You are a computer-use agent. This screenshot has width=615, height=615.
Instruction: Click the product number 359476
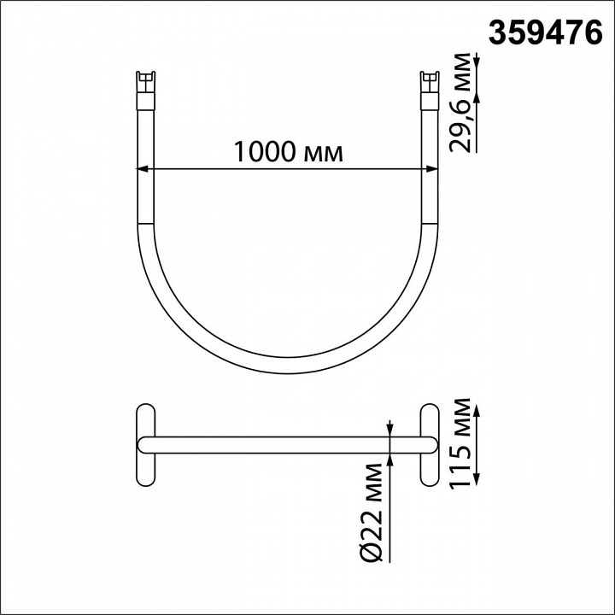[x=545, y=32]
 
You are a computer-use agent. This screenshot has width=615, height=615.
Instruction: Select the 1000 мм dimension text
[x=289, y=152]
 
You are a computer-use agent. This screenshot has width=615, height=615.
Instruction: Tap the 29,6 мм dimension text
[x=460, y=102]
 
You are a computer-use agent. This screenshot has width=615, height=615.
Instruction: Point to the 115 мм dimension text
[x=460, y=443]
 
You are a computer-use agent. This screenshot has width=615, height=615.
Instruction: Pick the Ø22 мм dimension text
[x=370, y=513]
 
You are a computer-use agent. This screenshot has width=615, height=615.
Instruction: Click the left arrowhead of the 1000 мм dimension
[x=141, y=169]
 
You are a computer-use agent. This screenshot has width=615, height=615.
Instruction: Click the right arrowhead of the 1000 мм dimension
[x=432, y=169]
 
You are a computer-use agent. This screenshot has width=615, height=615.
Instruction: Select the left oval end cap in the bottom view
[x=146, y=445]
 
